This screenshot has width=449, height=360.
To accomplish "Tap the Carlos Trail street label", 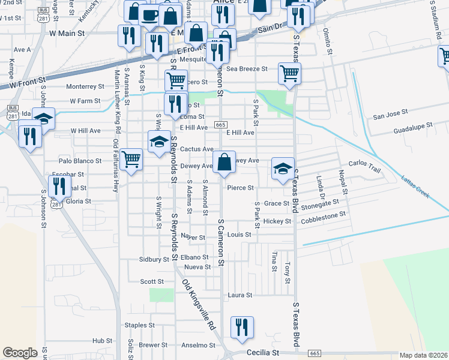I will pos(364,167).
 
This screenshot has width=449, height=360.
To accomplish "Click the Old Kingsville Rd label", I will pos(198,304).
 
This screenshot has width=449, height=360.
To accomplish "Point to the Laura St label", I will pos(240,295).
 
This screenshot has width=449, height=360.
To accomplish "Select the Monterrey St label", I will pos(85,86).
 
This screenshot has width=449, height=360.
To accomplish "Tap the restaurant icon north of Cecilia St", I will pos(242,328).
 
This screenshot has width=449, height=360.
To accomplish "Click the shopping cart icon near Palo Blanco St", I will pos(131,160).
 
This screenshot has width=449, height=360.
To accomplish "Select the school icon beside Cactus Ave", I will pos(158,142).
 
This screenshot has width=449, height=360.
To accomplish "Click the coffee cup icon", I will pos(150,14).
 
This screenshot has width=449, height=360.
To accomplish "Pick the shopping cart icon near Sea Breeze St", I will pos(290,74).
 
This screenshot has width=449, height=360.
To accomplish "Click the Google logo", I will pos(20,353).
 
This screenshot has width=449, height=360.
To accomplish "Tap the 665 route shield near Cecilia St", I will pos(315,353).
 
